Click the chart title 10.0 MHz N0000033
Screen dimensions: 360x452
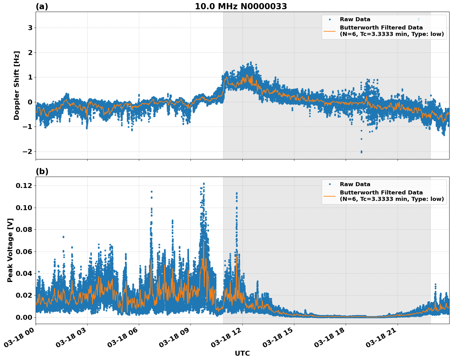coord(241,6)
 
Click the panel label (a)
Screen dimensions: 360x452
coord(42,6)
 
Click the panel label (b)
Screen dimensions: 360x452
coord(42,171)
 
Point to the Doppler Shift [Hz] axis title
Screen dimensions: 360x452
coord(17,85)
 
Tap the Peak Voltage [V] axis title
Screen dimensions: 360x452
coord(10,250)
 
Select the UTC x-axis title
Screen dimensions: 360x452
coord(242,353)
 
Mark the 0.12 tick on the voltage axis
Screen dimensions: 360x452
coord(24,186)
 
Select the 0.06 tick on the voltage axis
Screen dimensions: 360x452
coord(24,252)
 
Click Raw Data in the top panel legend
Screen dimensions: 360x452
coord(355,19)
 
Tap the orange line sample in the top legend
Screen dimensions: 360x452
coord(329,31)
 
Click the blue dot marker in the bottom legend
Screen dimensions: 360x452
coord(329,184)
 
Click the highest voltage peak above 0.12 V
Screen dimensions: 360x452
coord(204,184)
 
